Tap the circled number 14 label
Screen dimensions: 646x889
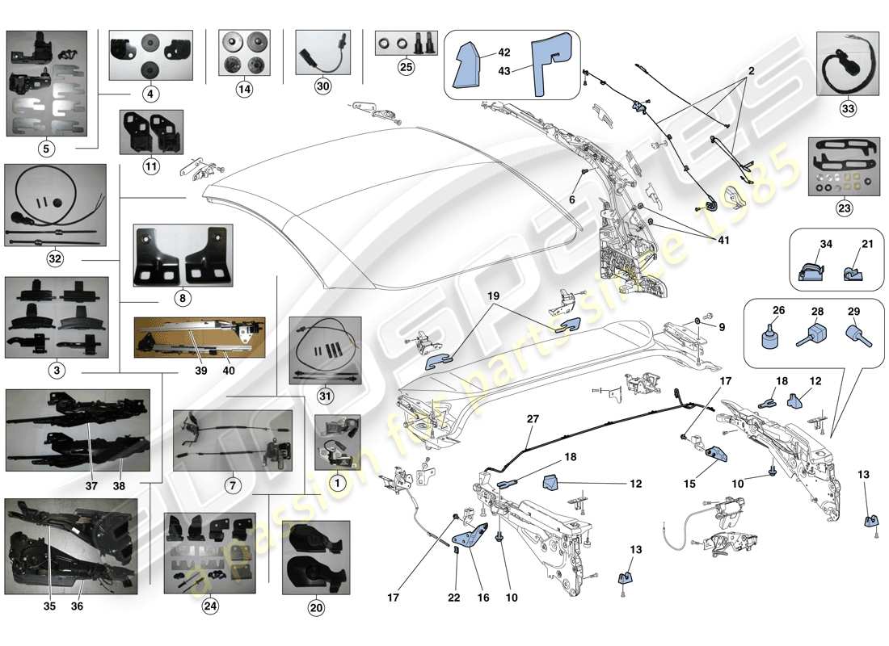point(244,91)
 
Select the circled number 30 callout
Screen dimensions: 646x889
point(322,91)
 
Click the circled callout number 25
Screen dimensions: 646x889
point(406,67)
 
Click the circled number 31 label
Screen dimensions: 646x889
point(323,396)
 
